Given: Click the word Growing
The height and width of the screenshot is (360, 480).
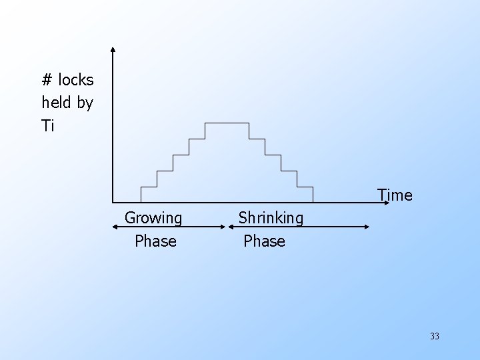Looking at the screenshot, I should click(153, 218).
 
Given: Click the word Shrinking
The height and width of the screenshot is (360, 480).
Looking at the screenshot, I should click(271, 218).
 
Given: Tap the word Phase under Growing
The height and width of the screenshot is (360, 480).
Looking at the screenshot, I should click(155, 241).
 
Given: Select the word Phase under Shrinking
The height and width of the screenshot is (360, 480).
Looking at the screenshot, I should click(264, 241).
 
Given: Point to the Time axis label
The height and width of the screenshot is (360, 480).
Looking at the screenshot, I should click(395, 195).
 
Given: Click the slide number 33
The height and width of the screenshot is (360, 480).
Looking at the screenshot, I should click(435, 336).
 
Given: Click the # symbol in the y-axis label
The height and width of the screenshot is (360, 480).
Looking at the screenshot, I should click(47, 81).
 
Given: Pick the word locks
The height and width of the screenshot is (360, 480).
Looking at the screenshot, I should click(76, 81).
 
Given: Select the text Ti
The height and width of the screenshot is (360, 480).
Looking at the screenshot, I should click(47, 125).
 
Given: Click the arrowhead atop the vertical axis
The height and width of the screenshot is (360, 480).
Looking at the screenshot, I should click(113, 49).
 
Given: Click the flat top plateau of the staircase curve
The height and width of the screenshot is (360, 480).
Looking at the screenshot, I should click(227, 123).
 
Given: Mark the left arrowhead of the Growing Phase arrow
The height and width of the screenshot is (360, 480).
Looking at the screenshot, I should click(114, 227).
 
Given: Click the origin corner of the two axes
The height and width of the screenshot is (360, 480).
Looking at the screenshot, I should click(113, 201).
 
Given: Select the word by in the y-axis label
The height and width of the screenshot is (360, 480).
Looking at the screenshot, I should click(85, 103).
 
